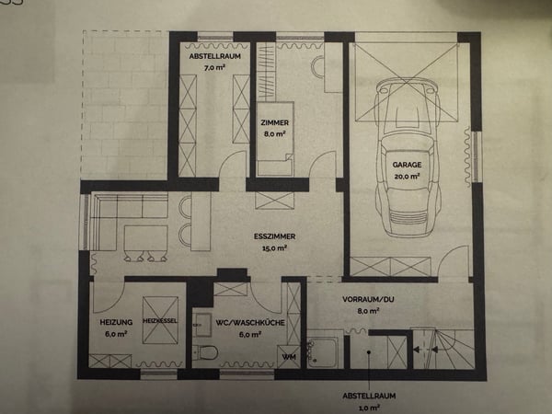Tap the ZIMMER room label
pos(274,123)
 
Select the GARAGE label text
pos(407,165)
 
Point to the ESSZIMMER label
pos(274,236)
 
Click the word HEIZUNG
pos(116,322)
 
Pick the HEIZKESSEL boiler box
pos(160,320)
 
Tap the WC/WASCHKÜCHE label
pos(250,323)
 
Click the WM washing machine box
pos(289,357)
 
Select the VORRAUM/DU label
pos(368,300)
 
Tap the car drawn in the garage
pos(408,157)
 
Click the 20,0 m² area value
pos(407,176)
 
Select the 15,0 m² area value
pos(274,248)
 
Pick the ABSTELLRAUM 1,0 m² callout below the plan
pos(369,401)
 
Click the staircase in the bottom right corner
pos(443,349)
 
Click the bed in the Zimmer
pos(275,139)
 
